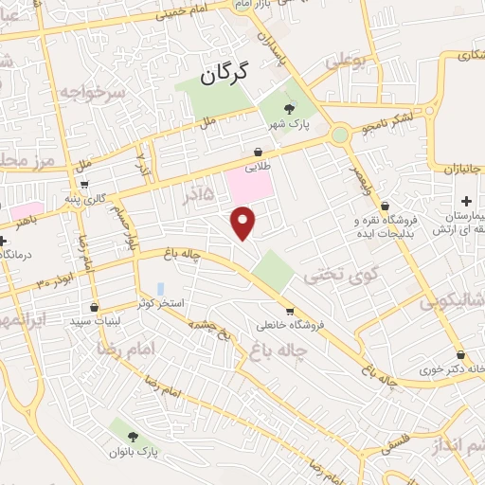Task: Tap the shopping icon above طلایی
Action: (x=258, y=151)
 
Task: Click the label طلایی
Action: (x=258, y=166)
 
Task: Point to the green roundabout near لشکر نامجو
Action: (x=339, y=136)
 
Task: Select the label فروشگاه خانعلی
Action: (x=290, y=326)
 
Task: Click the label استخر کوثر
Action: (x=159, y=303)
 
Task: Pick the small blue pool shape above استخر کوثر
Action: (x=160, y=288)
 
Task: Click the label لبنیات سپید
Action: (x=93, y=322)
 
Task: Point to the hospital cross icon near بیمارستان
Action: (x=465, y=202)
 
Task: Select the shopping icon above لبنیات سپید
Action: (x=94, y=307)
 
